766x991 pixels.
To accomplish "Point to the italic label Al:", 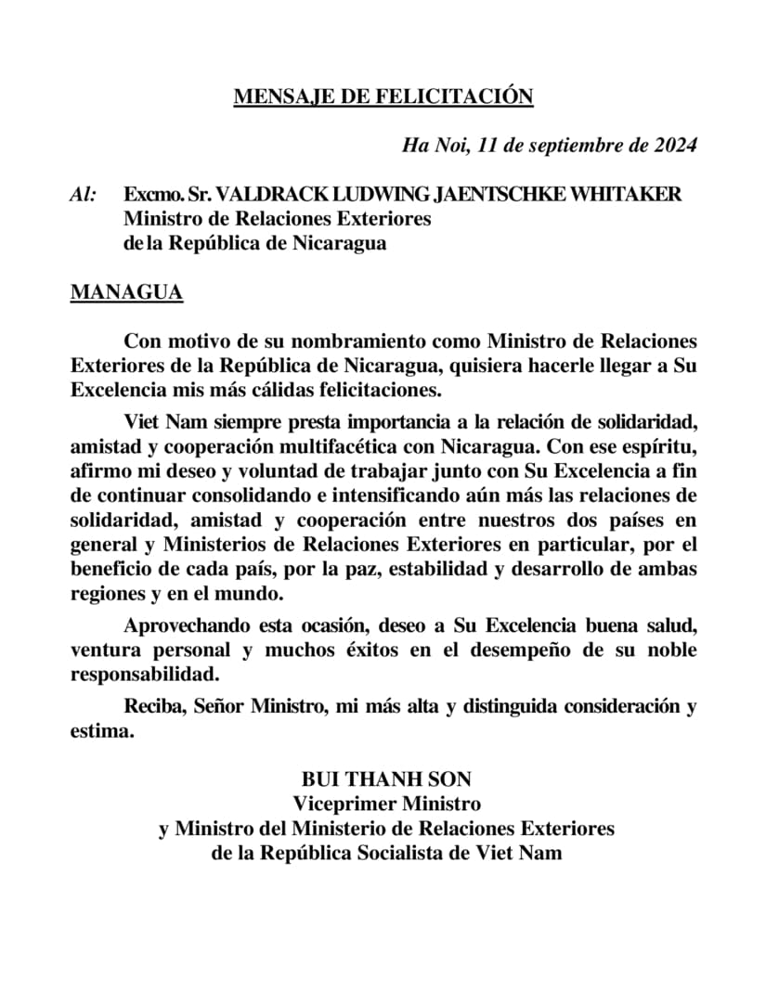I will [84, 195].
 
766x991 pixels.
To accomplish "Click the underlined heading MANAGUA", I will [126, 293].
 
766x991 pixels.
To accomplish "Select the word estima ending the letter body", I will [100, 731].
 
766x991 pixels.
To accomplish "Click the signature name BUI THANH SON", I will [386, 779].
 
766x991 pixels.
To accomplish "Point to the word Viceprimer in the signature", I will [341, 804].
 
